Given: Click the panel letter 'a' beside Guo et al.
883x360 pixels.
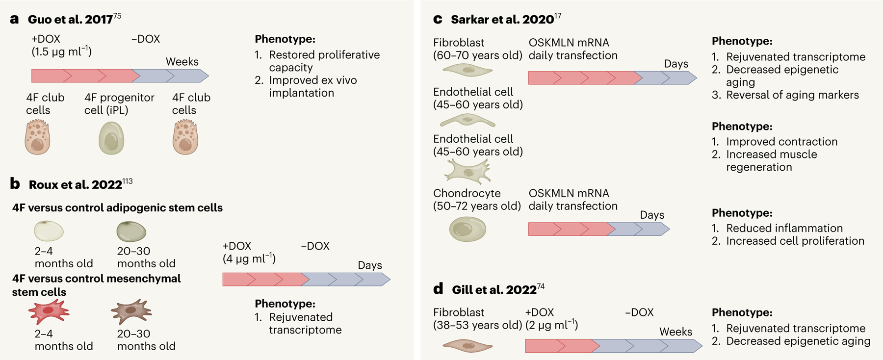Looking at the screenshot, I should [x=14, y=20].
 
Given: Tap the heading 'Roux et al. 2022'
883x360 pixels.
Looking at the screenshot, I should [x=75, y=185].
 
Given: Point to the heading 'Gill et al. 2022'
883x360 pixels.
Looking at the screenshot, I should [x=494, y=290].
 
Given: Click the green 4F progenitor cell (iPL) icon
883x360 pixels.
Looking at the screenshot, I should [x=111, y=138].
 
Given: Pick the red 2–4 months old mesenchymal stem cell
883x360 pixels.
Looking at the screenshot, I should [x=49, y=311].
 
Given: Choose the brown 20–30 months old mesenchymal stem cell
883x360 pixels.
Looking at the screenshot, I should [x=131, y=311].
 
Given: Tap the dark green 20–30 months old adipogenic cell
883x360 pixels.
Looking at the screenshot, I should [x=131, y=231].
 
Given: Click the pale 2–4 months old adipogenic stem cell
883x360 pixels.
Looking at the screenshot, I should [x=49, y=231].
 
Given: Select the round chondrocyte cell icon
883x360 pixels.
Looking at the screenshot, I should [x=467, y=229].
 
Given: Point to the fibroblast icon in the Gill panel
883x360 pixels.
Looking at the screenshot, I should [x=467, y=346].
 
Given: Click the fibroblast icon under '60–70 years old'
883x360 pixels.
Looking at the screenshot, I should [x=467, y=71].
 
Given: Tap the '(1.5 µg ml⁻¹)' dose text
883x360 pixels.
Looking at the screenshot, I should [x=61, y=51].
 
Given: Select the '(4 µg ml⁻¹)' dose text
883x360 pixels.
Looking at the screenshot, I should [x=249, y=258].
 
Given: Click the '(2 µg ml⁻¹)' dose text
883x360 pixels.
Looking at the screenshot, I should [x=551, y=325].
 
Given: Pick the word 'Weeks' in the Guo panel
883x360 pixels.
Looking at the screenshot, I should [x=182, y=62].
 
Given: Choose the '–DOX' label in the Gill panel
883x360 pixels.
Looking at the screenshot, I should [x=639, y=312].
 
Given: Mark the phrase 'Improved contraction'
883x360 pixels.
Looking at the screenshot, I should [x=781, y=142].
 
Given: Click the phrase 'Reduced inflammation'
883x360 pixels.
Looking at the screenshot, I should [x=784, y=228].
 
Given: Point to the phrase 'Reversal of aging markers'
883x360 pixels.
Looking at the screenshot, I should [x=792, y=95].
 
